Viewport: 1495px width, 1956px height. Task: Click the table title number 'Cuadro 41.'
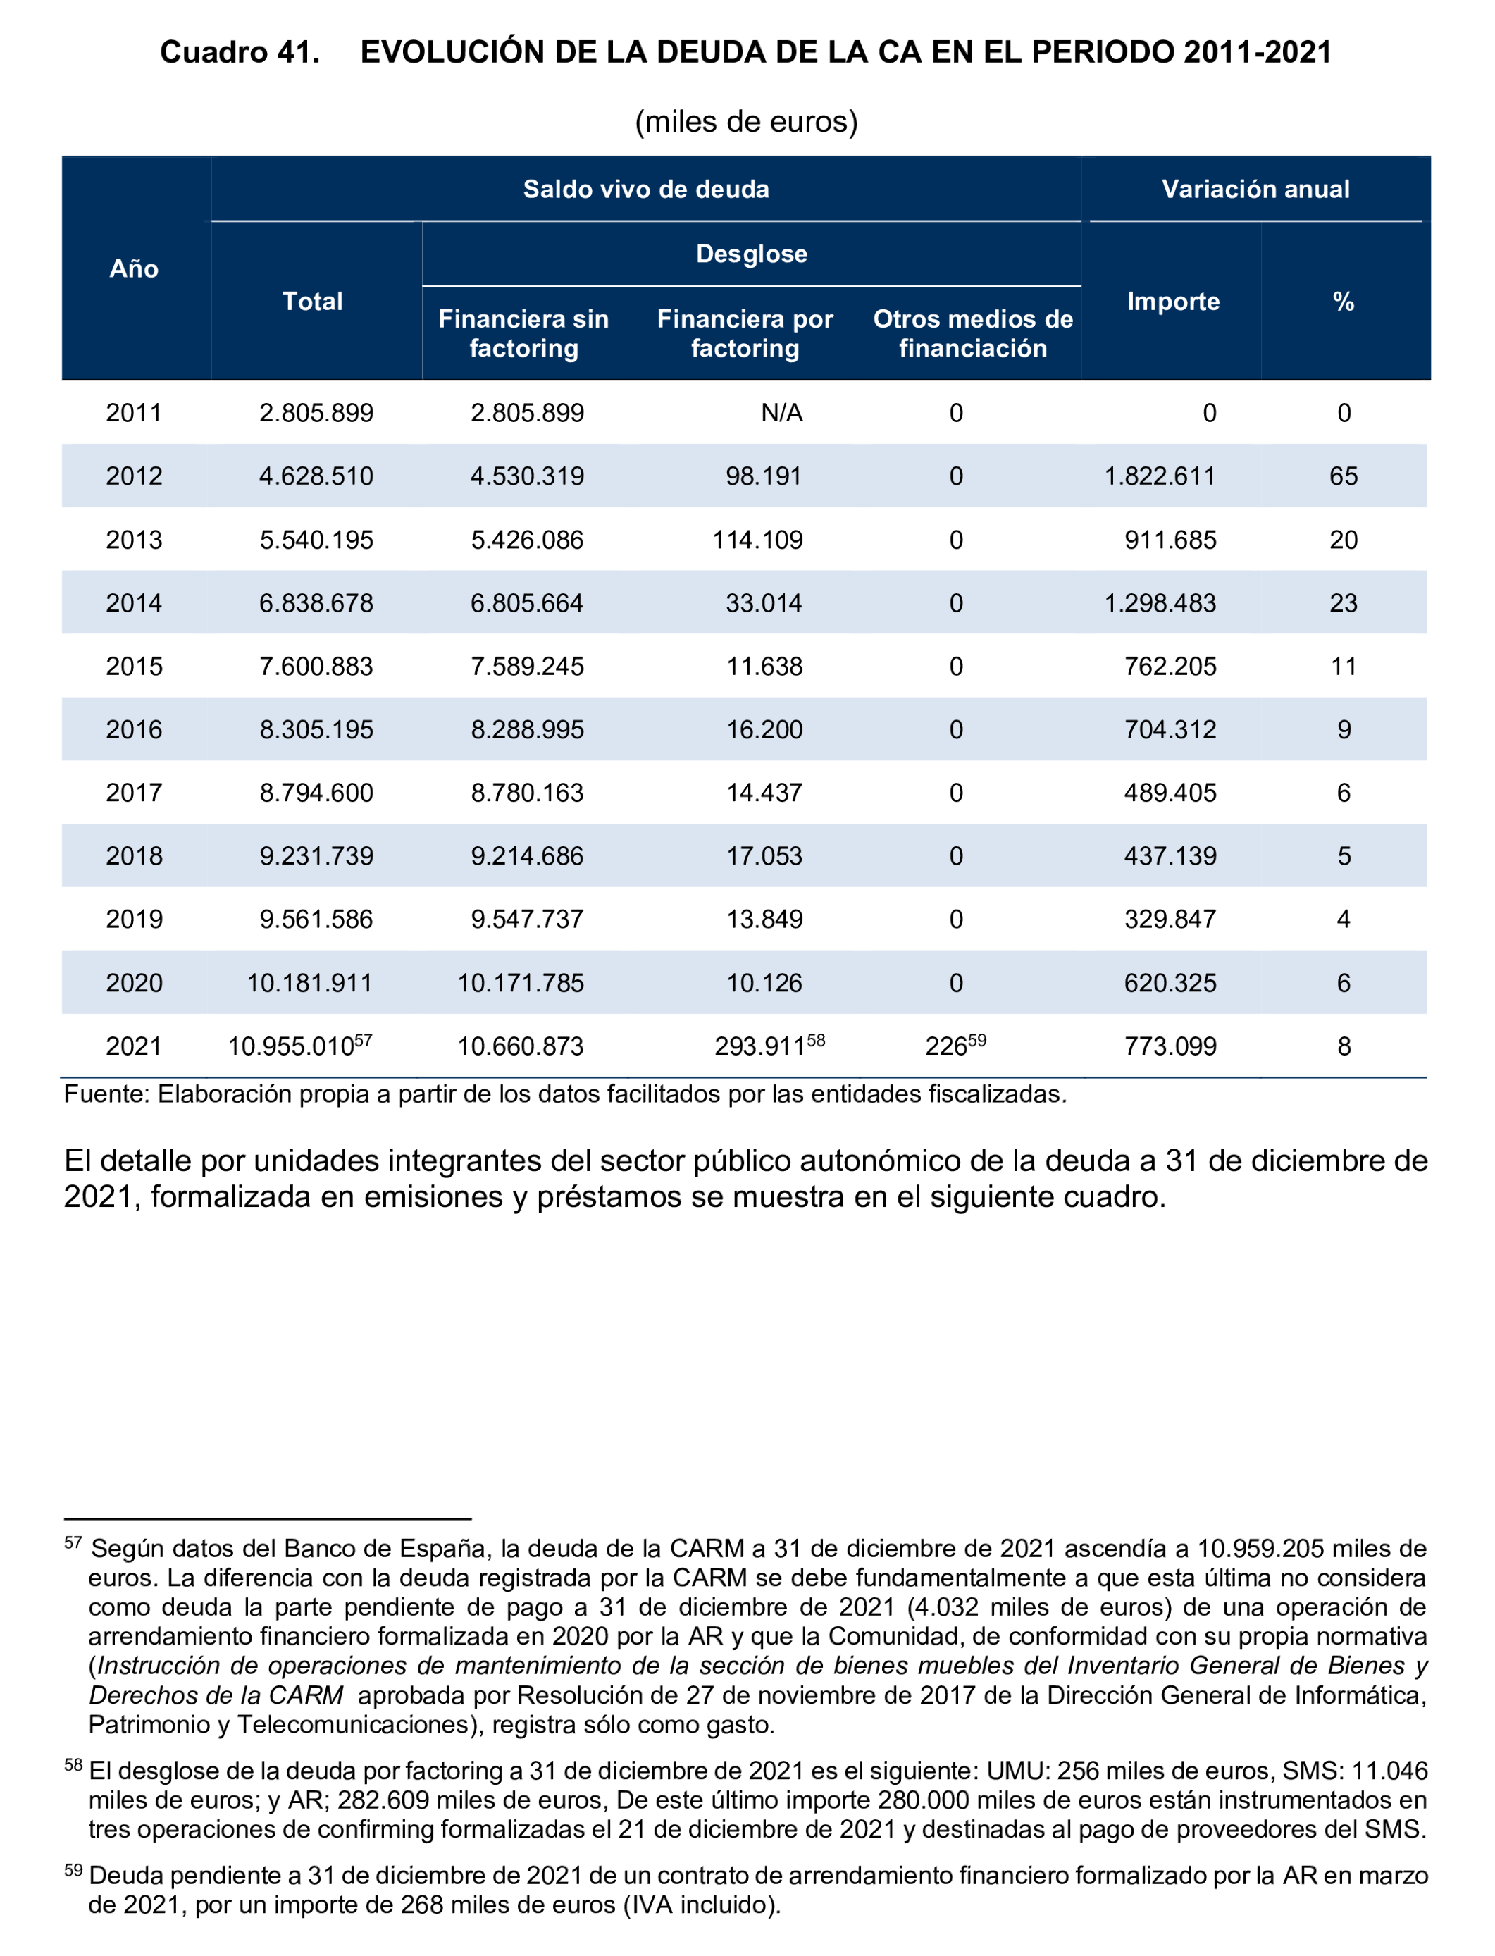(240, 53)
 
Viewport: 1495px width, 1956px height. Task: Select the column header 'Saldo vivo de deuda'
(645, 189)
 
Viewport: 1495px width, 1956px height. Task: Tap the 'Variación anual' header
(1255, 189)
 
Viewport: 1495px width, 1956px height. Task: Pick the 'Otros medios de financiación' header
(973, 334)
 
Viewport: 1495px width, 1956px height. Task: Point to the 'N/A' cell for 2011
(781, 413)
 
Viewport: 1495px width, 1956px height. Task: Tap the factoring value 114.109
(757, 540)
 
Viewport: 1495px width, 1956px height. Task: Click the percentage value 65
(1343, 476)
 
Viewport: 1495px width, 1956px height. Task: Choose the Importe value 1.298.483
(1160, 603)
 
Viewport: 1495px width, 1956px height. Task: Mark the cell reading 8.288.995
(527, 730)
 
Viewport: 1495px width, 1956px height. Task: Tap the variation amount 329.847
(1170, 920)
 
